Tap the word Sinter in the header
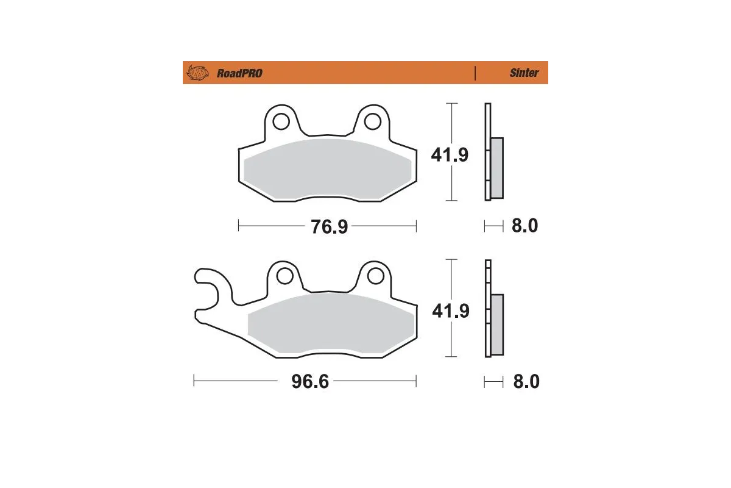click(x=524, y=73)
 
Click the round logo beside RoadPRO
click(x=197, y=73)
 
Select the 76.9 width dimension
click(x=329, y=227)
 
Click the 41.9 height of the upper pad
click(x=450, y=155)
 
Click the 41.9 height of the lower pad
click(x=450, y=311)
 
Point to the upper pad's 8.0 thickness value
click(x=524, y=226)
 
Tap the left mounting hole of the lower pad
click(x=284, y=276)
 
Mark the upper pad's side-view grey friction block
click(x=497, y=168)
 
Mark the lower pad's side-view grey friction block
click(x=497, y=325)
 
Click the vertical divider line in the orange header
click(x=475, y=73)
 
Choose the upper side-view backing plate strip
click(x=487, y=152)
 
